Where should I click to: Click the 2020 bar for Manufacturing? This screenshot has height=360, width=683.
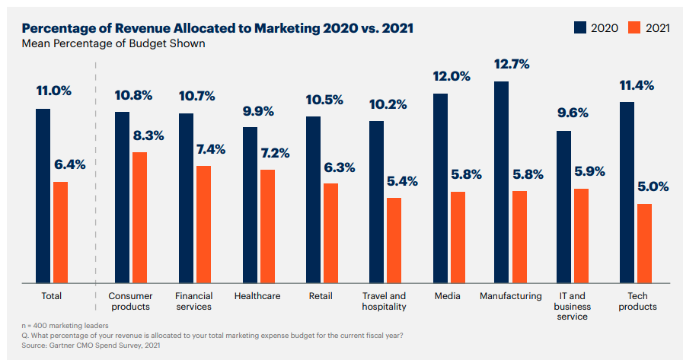pos(501,183)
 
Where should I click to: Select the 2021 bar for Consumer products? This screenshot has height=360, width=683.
pos(139,218)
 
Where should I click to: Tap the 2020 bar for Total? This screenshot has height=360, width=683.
pos(43,196)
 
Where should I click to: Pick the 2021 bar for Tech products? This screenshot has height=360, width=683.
pos(644,244)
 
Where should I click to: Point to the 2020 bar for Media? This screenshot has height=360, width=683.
pos(440,188)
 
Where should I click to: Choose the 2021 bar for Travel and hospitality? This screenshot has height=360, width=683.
pos(394,241)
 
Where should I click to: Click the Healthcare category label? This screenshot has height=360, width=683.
pos(256,296)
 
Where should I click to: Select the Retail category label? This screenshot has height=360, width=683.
pos(321,296)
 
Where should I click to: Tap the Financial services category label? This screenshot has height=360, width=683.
pos(193,301)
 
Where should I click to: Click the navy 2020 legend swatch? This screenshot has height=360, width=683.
pos(580,28)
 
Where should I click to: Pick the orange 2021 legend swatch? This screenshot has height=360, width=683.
pos(634,28)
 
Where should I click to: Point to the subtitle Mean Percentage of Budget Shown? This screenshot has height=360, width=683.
pos(113,43)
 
